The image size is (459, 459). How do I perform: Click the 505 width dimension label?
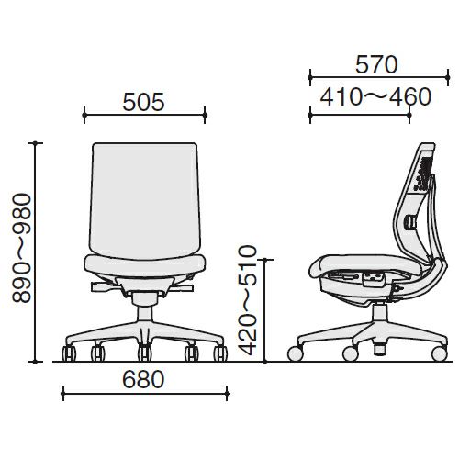click(x=143, y=102)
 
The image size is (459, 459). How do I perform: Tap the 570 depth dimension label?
click(x=376, y=64)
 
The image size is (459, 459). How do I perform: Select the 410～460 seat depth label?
click(x=375, y=96)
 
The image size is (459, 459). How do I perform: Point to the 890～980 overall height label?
click(x=22, y=248)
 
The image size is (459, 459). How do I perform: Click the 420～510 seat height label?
click(x=247, y=300)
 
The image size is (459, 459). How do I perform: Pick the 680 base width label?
click(x=143, y=379)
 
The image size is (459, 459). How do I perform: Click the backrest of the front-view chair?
click(x=145, y=201)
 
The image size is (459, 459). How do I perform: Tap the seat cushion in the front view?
click(x=145, y=265)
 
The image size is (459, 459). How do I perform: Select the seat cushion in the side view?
click(x=367, y=266)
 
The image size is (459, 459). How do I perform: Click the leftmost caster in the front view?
click(x=69, y=353)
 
